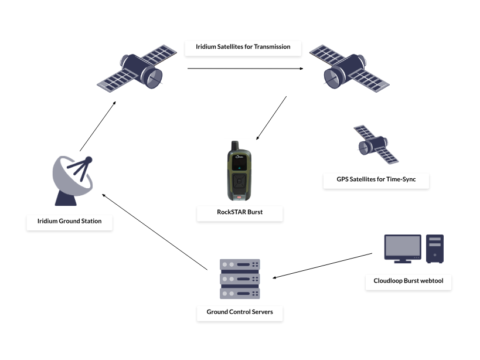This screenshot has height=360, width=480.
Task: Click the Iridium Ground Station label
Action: click(69, 221)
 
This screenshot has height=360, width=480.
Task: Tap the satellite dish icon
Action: click(73, 180)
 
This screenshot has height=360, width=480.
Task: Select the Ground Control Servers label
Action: click(240, 312)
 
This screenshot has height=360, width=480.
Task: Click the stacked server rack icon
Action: click(239, 279)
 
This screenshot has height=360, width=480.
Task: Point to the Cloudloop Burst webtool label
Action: click(408, 281)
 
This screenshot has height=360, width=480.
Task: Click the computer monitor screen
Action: click(403, 246)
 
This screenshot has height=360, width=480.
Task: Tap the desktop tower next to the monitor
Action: click(435, 249)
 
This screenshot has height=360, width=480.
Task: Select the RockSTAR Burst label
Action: click(240, 212)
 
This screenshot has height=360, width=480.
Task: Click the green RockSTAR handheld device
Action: click(239, 176)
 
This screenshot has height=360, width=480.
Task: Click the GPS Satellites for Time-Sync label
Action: click(376, 179)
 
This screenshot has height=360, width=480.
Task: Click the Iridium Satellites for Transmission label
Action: click(243, 46)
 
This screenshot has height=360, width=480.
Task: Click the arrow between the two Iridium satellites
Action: click(245, 69)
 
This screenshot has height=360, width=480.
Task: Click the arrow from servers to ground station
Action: click(155, 232)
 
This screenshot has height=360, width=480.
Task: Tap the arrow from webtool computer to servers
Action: click(324, 265)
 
